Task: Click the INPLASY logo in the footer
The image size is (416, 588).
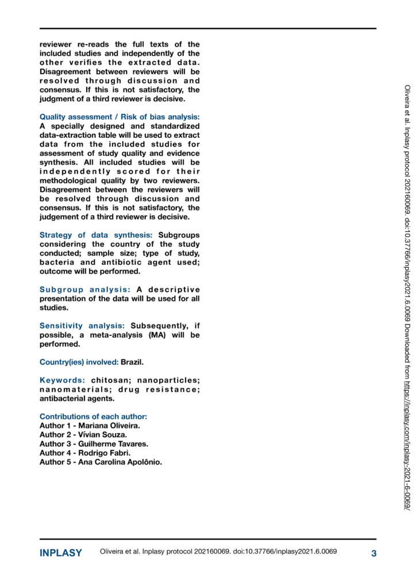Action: click(x=60, y=554)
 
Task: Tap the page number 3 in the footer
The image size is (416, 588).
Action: click(x=373, y=554)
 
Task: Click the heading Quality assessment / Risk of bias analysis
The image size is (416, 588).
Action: click(x=120, y=117)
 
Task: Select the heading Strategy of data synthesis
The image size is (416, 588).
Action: click(x=96, y=235)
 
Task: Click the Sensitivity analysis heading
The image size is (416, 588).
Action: click(x=82, y=326)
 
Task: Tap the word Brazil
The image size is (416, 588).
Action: click(x=132, y=362)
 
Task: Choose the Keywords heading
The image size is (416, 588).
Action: click(x=63, y=380)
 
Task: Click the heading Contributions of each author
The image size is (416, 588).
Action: click(x=94, y=416)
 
